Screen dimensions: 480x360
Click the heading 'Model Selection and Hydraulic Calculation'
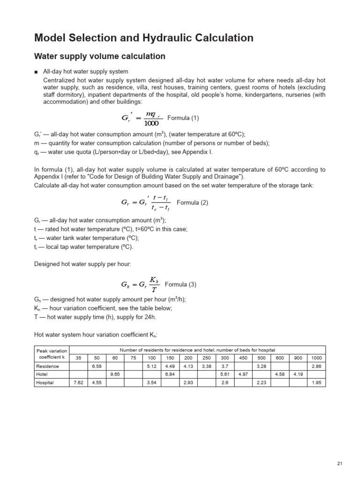pyautogui.click(x=144, y=38)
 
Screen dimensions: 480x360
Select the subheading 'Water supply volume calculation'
pyautogui.click(x=100, y=56)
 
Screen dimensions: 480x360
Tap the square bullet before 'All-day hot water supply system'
pyautogui.click(x=36, y=72)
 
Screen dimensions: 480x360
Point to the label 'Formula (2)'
pyautogui.click(x=192, y=202)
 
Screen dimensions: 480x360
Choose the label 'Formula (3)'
pyautogui.click(x=180, y=285)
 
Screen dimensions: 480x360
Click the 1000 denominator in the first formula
pyautogui.click(x=152, y=123)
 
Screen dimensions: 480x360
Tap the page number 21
pyautogui.click(x=340, y=464)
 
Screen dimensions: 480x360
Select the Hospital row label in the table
pyautogui.click(x=45, y=382)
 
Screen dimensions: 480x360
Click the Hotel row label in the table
pyautogui.click(x=42, y=374)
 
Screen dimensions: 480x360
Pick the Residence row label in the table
pyautogui.click(x=46, y=366)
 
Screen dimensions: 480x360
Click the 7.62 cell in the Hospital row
pyautogui.click(x=78, y=382)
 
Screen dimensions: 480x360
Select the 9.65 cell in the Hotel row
pyautogui.click(x=115, y=374)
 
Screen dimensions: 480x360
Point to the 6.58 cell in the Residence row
pyautogui.click(x=97, y=366)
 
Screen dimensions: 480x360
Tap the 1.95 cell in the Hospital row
pyautogui.click(x=316, y=382)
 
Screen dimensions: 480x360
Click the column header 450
pyautogui.click(x=243, y=358)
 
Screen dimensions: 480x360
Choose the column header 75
pyautogui.click(x=133, y=358)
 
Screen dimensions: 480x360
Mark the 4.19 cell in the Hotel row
pyautogui.click(x=298, y=374)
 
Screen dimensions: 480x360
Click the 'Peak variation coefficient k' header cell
pyautogui.click(x=52, y=354)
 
